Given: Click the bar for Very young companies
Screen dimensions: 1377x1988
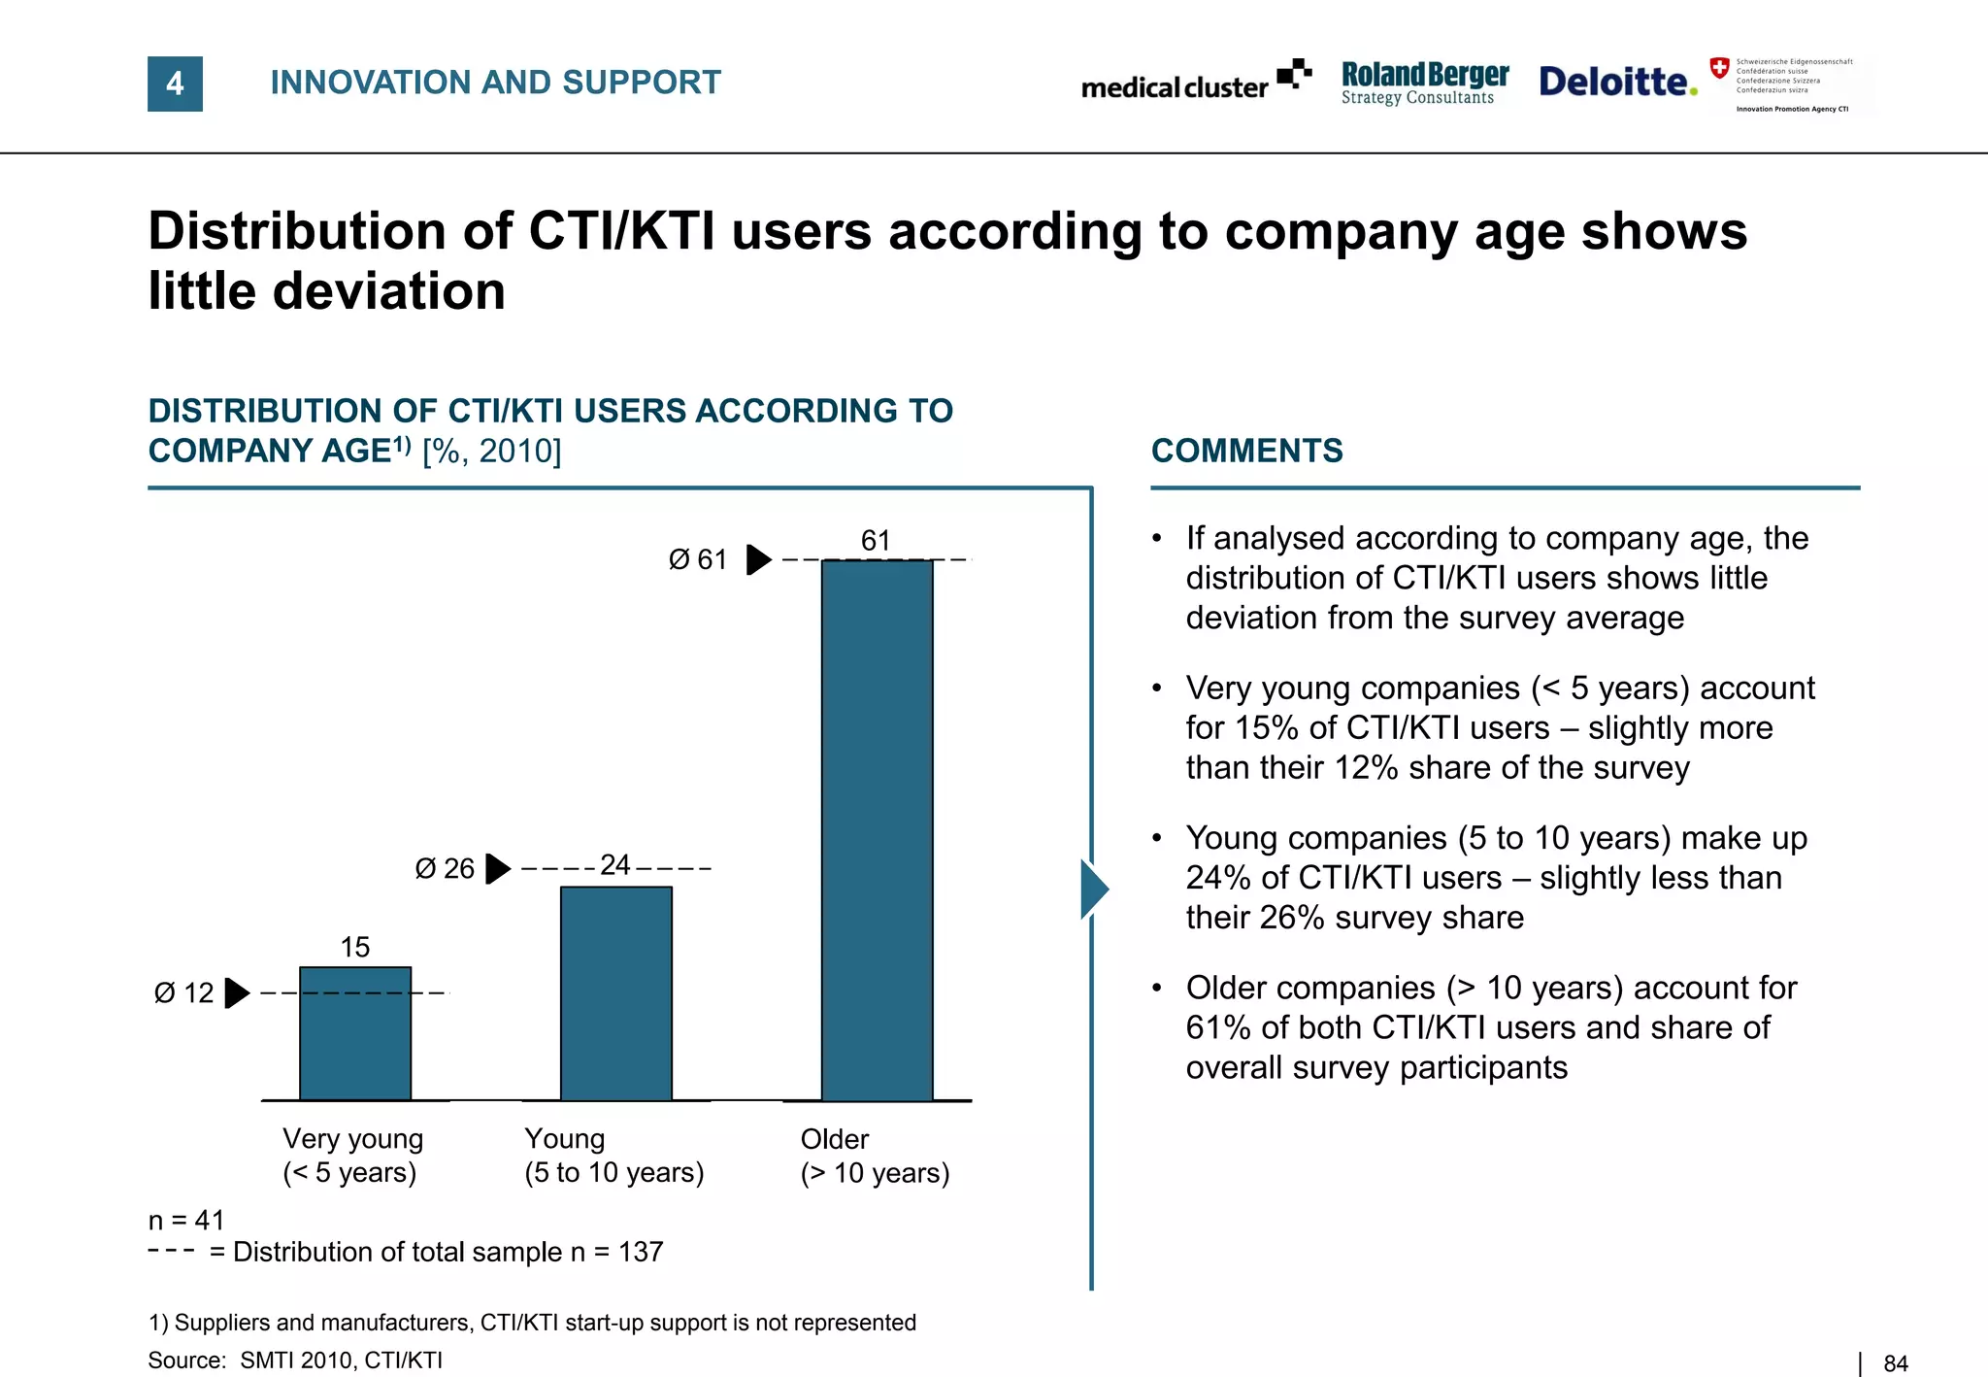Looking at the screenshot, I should (x=355, y=1033).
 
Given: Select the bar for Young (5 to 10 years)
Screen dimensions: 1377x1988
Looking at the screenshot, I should (x=616, y=992).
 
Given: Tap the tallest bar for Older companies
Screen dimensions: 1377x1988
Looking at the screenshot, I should (x=878, y=830).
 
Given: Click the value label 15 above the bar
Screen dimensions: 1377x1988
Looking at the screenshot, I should (x=355, y=947).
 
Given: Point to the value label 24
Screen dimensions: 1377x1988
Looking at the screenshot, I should (x=615, y=864).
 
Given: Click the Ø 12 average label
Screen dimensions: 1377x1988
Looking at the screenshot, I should (x=183, y=992).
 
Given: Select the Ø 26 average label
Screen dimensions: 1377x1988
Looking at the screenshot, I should (x=445, y=868).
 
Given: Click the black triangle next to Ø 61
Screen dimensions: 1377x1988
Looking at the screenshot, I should (x=758, y=559).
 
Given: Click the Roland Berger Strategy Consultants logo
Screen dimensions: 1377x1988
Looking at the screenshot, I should (x=1424, y=83).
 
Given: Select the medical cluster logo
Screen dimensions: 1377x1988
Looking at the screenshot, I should (x=1195, y=82).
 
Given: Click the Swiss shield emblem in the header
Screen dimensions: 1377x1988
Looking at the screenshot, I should (x=1719, y=68).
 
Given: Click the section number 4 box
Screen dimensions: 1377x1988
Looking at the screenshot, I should (x=175, y=84).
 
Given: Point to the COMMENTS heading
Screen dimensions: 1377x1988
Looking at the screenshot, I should (x=1246, y=451).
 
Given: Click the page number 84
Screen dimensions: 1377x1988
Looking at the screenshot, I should (x=1895, y=1363).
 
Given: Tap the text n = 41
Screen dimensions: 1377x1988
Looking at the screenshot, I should (x=186, y=1220).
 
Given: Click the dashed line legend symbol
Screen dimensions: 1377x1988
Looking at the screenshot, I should (x=171, y=1251).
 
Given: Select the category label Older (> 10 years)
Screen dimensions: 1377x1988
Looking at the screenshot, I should (x=874, y=1156).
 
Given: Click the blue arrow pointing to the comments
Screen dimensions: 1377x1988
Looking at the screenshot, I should (x=1094, y=888).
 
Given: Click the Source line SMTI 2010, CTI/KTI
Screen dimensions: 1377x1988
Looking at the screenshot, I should (x=295, y=1360).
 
